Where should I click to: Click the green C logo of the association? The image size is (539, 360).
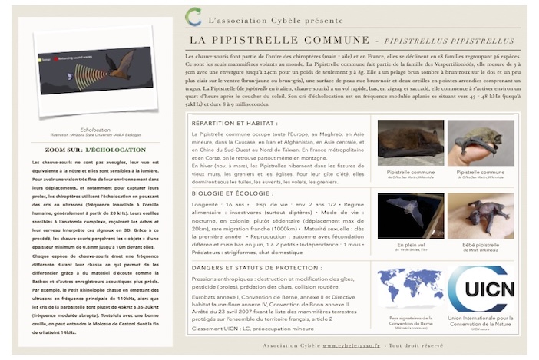pos(193,16)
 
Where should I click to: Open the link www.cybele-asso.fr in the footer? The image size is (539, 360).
pos(351,345)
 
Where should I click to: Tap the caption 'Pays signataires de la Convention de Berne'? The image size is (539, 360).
pos(411,322)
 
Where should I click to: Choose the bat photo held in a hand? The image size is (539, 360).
pos(481,142)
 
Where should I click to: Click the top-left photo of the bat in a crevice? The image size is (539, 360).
pos(411,142)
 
